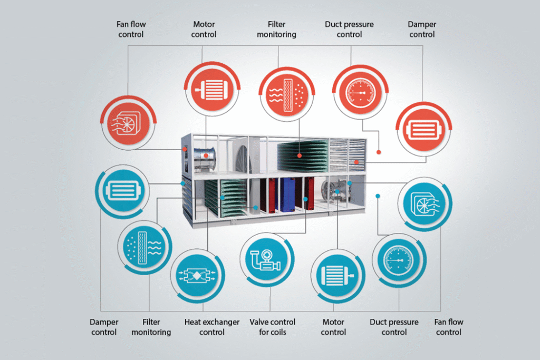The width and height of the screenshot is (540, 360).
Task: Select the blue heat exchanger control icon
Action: pyautogui.click(x=198, y=276)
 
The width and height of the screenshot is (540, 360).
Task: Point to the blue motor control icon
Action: pyautogui.click(x=336, y=276)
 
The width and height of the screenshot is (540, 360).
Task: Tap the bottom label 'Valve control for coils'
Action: pyautogui.click(x=272, y=327)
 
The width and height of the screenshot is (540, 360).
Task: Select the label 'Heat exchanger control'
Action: pyautogui.click(x=212, y=327)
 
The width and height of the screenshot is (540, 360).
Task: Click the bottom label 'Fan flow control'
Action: pyautogui.click(x=449, y=327)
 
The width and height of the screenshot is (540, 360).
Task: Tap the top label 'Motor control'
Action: pyautogui.click(x=204, y=30)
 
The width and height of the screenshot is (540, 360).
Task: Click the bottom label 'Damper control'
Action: pyautogui.click(x=104, y=327)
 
